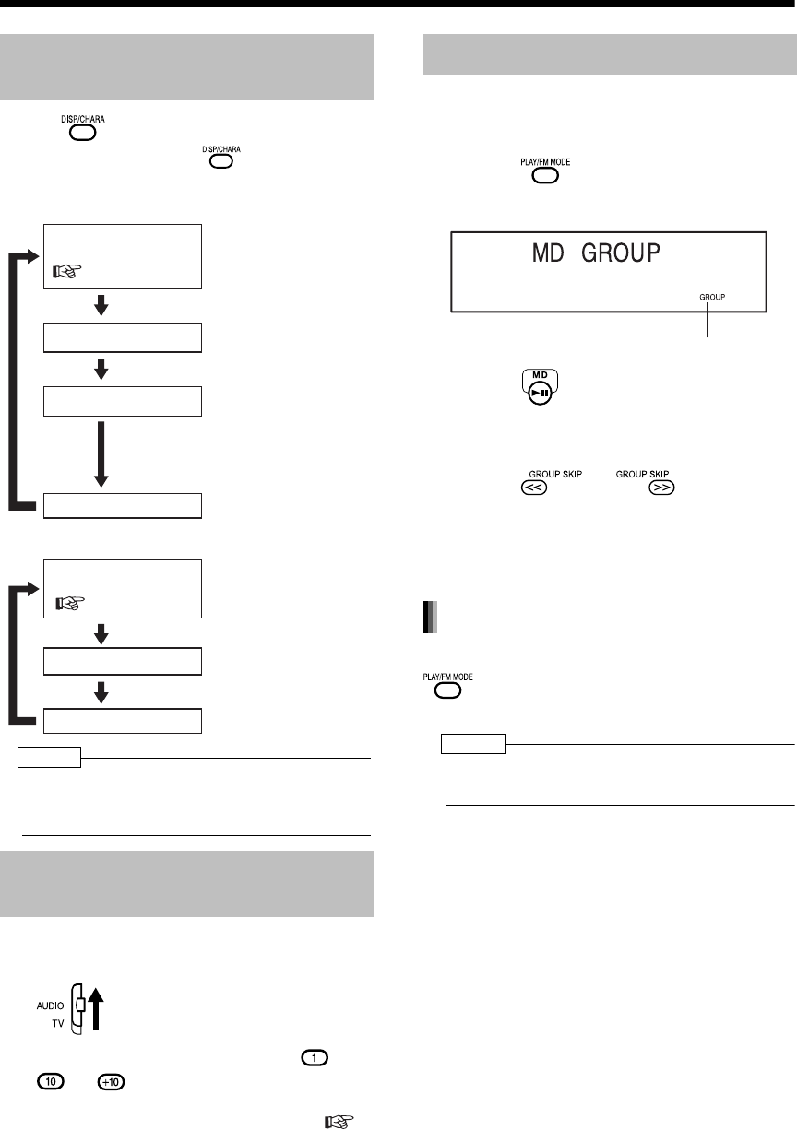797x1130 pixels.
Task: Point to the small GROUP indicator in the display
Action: [x=712, y=298]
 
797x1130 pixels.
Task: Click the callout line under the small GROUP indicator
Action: [x=708, y=323]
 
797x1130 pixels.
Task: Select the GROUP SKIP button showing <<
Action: [x=533, y=490]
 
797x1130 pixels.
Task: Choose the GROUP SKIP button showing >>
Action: [x=661, y=490]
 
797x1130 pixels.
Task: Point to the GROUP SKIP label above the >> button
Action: [x=641, y=473]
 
